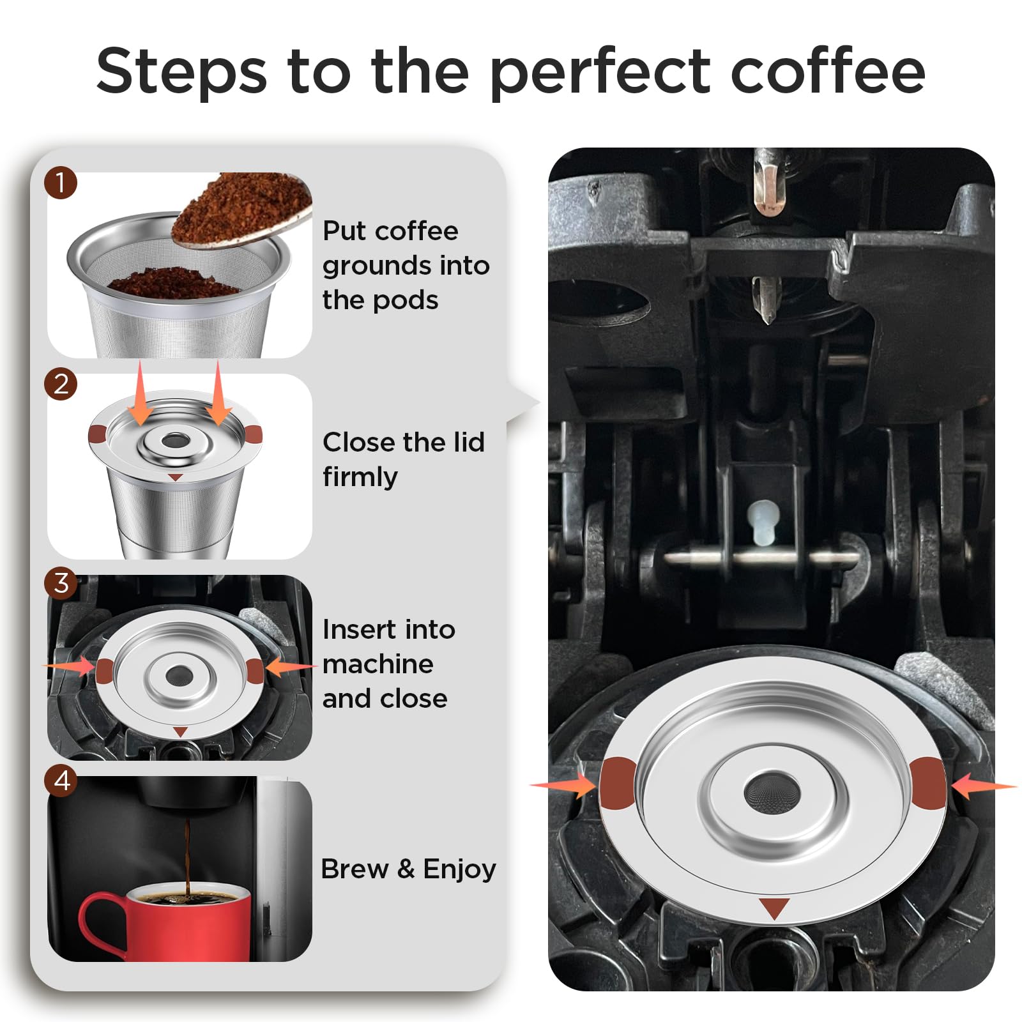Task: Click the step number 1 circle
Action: pyautogui.click(x=61, y=183)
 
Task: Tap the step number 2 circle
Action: pyautogui.click(x=61, y=385)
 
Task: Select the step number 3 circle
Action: pyautogui.click(x=61, y=583)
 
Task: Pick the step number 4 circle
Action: pyautogui.click(x=61, y=781)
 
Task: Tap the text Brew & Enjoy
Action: pyautogui.click(x=408, y=869)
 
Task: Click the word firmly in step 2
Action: pyautogui.click(x=360, y=477)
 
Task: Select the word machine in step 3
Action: pyautogui.click(x=378, y=664)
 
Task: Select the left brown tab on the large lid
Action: pyautogui.click(x=617, y=783)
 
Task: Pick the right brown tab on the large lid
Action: pyautogui.click(x=927, y=783)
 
